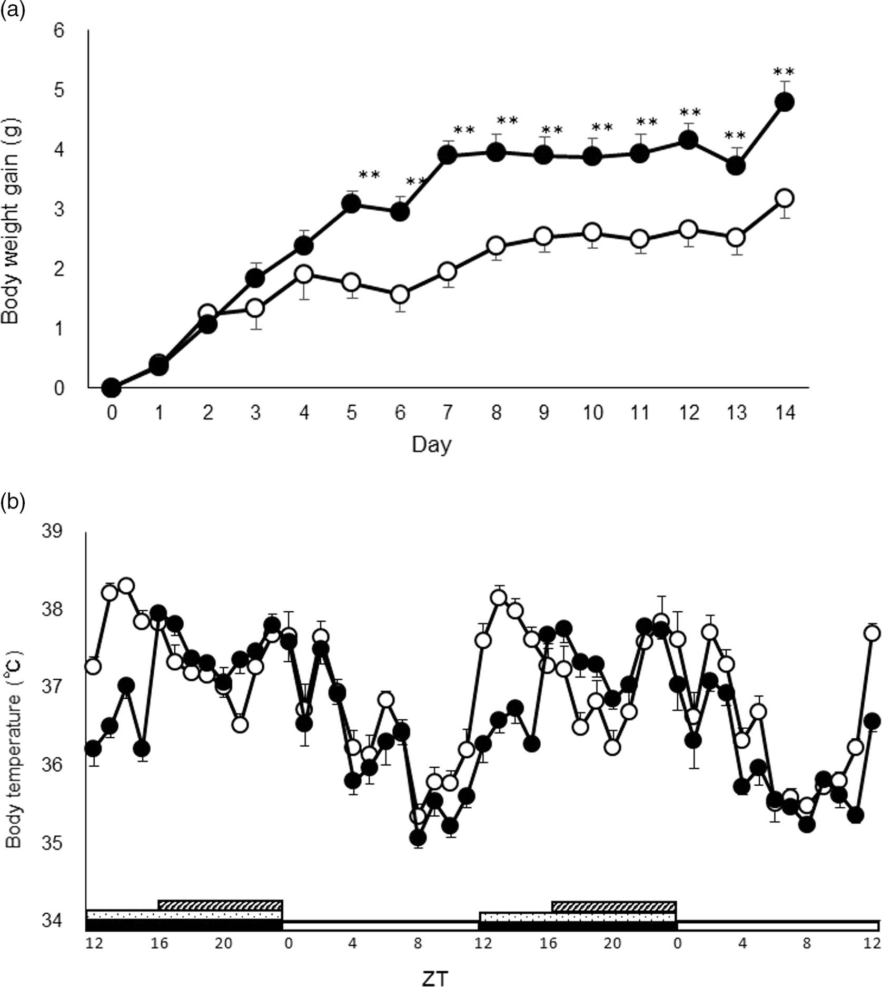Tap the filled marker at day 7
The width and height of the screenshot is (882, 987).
click(447, 155)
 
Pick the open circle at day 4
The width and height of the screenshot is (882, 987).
click(304, 274)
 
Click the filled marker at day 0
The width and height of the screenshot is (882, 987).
click(111, 388)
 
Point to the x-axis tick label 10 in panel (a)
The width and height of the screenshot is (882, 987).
click(592, 413)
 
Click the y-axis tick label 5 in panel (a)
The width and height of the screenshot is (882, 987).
click(59, 90)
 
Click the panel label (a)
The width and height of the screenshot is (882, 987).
click(12, 10)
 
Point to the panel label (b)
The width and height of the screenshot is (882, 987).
click(12, 503)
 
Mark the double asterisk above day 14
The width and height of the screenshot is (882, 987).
click(784, 72)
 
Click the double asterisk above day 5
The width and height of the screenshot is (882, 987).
click(369, 175)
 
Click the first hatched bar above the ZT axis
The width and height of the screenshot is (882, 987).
click(221, 905)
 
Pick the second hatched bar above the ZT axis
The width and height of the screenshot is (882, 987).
click(614, 906)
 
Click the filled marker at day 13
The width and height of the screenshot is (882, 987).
click(736, 166)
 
